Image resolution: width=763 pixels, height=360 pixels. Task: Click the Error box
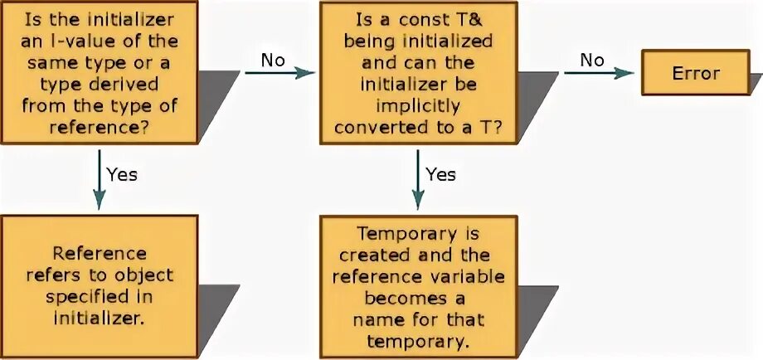coord(696,72)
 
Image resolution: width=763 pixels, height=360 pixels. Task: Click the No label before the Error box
coord(591,59)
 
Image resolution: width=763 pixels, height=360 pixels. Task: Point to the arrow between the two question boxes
coord(280,72)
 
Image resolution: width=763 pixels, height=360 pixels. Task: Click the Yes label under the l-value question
coord(122,174)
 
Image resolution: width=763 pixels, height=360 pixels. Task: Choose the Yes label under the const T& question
coord(441,174)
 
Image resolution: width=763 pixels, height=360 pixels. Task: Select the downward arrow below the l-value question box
coord(100,178)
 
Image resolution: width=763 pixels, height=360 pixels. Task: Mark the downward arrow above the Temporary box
coord(419,178)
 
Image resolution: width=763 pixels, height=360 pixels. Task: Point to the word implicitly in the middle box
coord(418,105)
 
